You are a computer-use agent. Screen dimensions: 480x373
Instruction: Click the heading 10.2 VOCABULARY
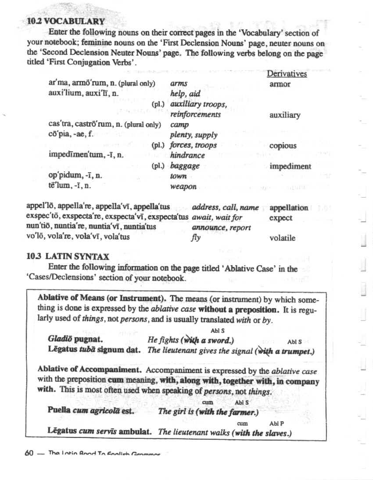click(66, 21)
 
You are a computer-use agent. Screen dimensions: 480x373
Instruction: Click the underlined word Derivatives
click(287, 74)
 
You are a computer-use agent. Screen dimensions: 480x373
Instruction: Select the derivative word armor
click(280, 84)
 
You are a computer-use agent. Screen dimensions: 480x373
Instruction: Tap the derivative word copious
click(283, 146)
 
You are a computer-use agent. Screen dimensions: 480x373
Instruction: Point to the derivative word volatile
click(282, 238)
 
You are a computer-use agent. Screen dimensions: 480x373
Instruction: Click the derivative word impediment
click(290, 166)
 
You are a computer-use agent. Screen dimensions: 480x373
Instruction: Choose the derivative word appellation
click(289, 208)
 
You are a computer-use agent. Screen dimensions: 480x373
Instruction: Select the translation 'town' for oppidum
click(178, 176)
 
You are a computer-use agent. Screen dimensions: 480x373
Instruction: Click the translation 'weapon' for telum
click(183, 187)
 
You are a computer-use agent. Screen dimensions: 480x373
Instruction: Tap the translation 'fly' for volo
click(196, 238)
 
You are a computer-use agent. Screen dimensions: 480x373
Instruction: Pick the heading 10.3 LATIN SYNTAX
click(68, 256)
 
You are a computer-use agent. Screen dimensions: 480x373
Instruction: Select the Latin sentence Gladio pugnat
click(75, 339)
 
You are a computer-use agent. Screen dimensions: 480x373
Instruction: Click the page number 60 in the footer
click(29, 453)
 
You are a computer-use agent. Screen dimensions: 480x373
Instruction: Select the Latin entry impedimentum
click(80, 155)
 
